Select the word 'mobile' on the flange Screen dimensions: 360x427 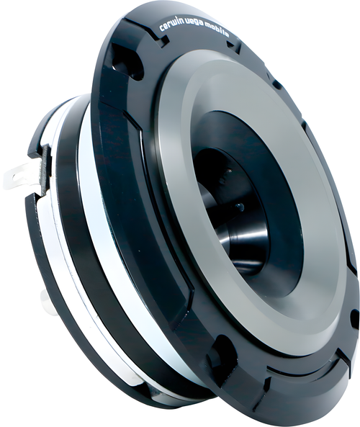218,32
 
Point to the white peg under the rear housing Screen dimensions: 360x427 48,302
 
